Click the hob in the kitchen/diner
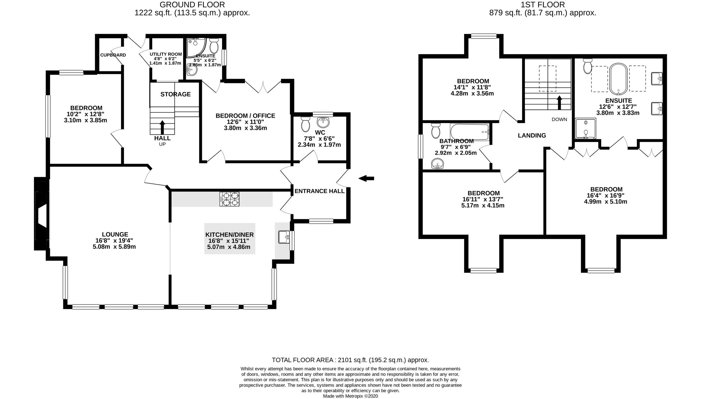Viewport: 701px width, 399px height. [x=229, y=199]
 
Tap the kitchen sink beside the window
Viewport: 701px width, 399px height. [x=284, y=237]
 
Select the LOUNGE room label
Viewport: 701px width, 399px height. [x=115, y=234]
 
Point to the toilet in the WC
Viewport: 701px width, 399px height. [x=305, y=124]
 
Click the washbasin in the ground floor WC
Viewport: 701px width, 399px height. [x=323, y=122]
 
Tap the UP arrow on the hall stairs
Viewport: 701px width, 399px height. [x=162, y=127]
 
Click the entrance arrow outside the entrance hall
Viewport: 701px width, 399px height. [x=366, y=178]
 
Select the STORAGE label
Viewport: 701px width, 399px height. [x=176, y=94]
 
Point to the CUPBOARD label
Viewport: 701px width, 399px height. [x=113, y=55]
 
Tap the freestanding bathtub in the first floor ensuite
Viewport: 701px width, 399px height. [x=618, y=79]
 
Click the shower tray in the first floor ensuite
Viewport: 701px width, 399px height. [x=585, y=129]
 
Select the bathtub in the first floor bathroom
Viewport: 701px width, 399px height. [x=470, y=132]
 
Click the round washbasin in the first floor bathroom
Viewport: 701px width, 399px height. [x=437, y=164]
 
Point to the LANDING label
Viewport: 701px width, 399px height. [x=532, y=135]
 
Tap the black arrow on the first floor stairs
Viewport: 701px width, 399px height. [x=559, y=103]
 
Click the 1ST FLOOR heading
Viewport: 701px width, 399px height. [x=543, y=4]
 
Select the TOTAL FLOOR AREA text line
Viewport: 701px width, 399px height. [x=350, y=360]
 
